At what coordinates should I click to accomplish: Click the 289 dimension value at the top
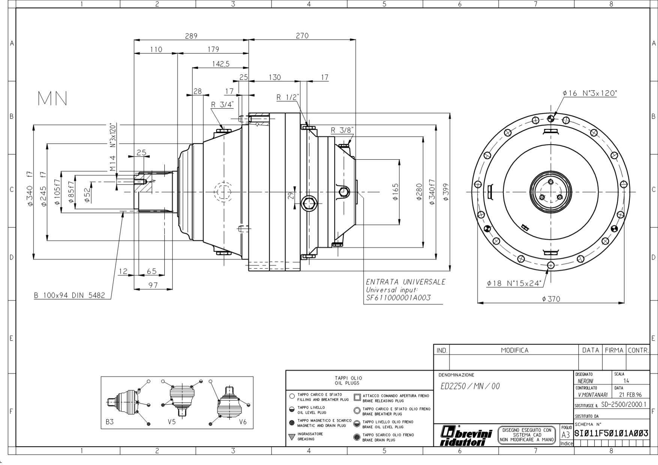191,36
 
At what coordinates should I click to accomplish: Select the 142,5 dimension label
221,64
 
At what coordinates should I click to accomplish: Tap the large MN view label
53,98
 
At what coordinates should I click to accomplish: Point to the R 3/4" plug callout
222,104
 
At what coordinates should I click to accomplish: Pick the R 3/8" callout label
342,130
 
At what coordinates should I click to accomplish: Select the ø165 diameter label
395,192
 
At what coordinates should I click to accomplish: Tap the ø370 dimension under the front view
551,299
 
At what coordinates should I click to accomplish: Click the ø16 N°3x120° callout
590,93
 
